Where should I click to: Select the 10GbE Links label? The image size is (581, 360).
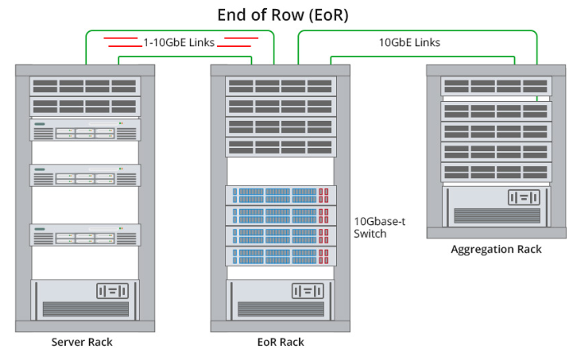pos(408,41)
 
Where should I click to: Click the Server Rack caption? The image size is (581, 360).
pos(82,341)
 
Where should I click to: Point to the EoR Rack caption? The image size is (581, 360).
pos(281,341)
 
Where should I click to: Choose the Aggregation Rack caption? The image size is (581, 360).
pos(496,249)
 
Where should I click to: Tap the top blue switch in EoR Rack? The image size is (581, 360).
pos(281,196)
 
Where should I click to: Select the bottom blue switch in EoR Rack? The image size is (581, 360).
pos(281,255)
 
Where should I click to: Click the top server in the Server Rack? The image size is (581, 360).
pos(85,130)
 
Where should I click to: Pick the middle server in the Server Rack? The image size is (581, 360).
pos(85,175)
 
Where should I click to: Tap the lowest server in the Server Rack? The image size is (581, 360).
pos(85,235)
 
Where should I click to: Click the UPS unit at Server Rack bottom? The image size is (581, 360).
pos(85,298)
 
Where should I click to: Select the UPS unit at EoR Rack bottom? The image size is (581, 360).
pos(281,298)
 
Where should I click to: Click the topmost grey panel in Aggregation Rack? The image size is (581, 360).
pos(496,85)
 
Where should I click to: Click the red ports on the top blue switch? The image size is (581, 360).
pos(323,196)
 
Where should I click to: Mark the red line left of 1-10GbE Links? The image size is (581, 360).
pos(121,42)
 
